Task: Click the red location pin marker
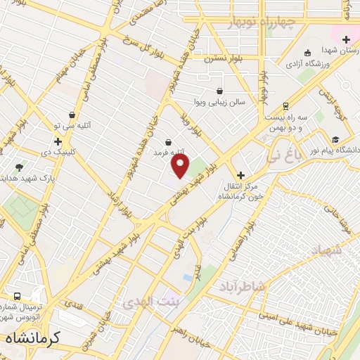(181, 166)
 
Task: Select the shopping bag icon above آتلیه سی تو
(72, 115)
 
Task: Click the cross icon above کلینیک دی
(58, 142)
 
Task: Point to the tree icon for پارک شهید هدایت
(19, 167)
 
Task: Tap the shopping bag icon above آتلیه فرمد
(167, 142)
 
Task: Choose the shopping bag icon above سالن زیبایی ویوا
(219, 91)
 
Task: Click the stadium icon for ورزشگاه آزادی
(307, 53)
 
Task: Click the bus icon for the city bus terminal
(16, 296)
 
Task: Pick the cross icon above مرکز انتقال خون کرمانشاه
(240, 175)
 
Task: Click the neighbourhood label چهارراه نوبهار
(263, 23)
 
